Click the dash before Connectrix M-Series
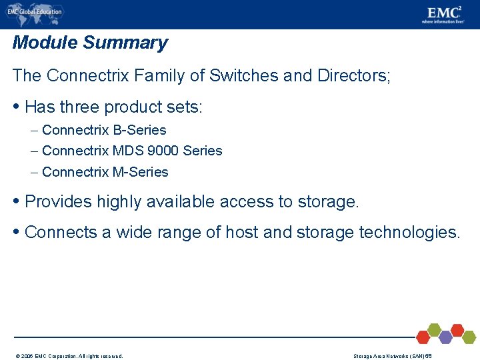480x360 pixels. tap(35, 172)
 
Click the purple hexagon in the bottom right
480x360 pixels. tap(445, 337)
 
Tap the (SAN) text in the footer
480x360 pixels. tap(416, 356)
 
